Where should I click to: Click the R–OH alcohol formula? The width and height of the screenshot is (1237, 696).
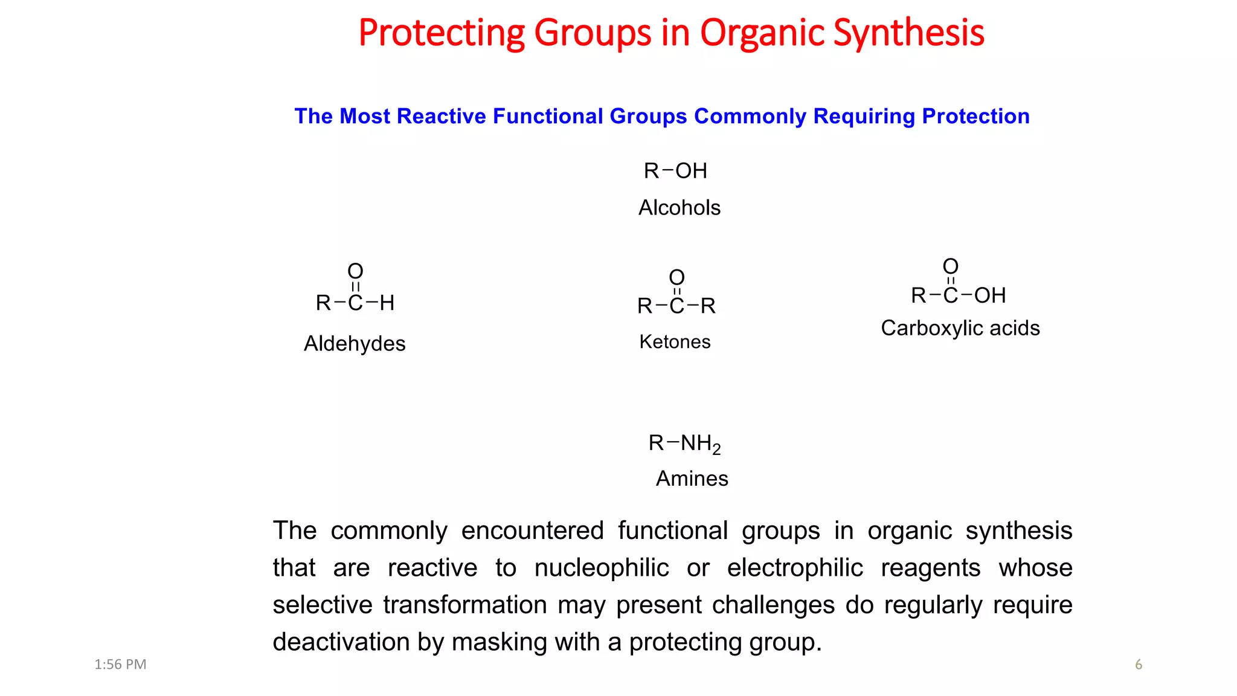(x=675, y=171)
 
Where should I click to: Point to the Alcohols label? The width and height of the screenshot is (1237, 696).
(x=680, y=208)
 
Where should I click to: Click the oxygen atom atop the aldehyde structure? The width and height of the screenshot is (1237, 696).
(x=355, y=271)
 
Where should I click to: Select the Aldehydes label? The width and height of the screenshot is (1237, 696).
(x=355, y=344)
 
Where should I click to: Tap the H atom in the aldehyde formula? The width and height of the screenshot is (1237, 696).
(x=387, y=303)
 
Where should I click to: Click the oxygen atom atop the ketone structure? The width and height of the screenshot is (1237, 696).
(x=676, y=277)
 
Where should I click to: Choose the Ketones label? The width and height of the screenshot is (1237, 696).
(x=675, y=342)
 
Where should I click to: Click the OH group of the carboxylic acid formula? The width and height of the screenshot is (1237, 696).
(x=990, y=295)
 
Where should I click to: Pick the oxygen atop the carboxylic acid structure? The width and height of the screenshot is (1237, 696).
(x=951, y=266)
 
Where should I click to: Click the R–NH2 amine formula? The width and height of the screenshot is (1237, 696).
(x=684, y=443)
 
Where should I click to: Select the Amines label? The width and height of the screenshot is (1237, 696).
(x=692, y=478)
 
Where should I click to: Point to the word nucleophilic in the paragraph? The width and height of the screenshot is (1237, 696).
(x=602, y=568)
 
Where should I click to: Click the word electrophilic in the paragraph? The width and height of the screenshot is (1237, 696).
(x=795, y=568)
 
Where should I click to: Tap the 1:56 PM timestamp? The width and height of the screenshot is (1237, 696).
(x=120, y=665)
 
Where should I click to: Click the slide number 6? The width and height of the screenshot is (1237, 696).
(x=1139, y=665)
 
